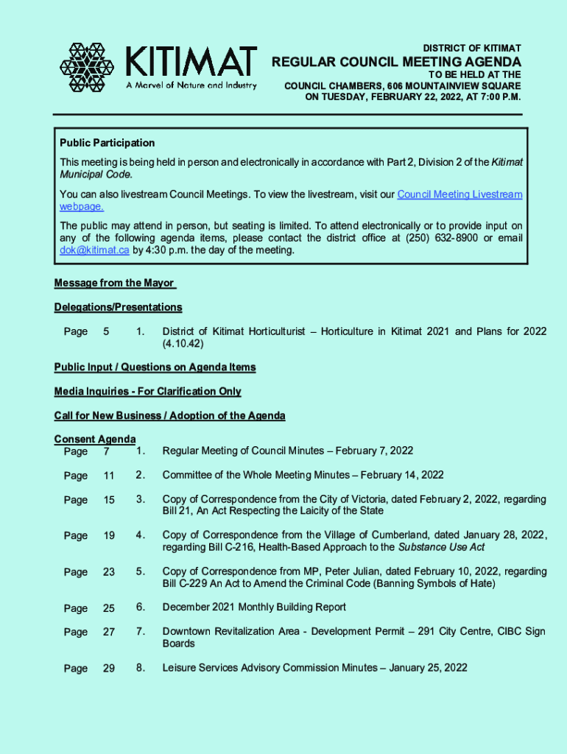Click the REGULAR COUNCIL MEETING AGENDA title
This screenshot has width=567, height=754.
click(396, 62)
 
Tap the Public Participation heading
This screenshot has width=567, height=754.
click(107, 143)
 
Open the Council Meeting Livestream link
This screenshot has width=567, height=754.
click(459, 194)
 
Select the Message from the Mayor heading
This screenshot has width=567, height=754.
click(113, 283)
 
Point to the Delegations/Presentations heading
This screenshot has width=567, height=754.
click(118, 307)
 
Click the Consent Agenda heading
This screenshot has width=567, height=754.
click(94, 440)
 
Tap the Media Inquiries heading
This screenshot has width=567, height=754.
click(147, 391)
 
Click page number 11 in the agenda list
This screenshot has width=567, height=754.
click(109, 476)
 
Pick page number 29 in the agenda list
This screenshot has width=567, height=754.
click(109, 669)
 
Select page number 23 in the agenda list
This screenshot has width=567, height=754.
click(109, 572)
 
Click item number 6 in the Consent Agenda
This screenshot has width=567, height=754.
click(140, 607)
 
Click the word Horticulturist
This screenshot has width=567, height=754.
click(271, 331)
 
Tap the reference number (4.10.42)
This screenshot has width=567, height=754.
click(183, 344)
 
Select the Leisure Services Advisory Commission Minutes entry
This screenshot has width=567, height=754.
click(314, 668)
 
